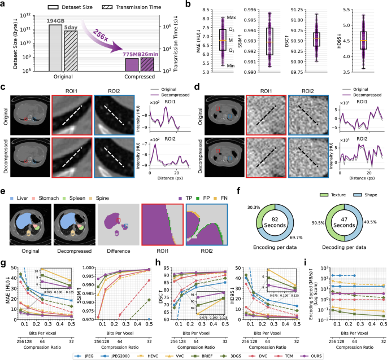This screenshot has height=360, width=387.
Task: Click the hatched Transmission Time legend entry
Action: click(x=134, y=6)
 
